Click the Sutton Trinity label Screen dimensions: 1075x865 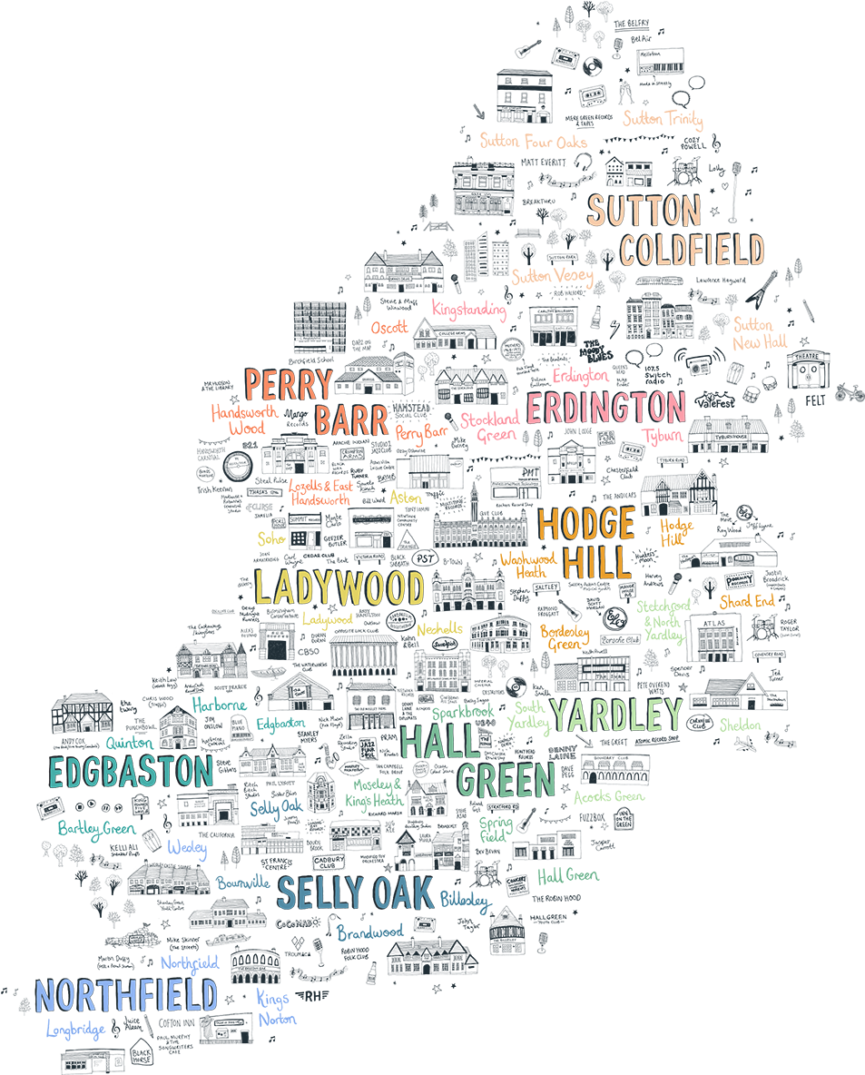click(662, 119)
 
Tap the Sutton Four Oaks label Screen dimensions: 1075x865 click(533, 142)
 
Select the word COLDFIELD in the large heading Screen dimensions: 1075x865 click(693, 251)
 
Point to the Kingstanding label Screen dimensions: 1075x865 click(467, 311)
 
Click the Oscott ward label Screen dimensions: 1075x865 click(389, 327)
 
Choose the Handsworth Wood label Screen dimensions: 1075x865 click(243, 419)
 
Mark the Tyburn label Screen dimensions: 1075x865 click(663, 436)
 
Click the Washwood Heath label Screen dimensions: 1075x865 click(526, 565)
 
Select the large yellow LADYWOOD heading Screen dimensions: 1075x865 click(339, 588)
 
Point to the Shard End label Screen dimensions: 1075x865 click(746, 601)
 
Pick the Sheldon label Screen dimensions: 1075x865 click(740, 725)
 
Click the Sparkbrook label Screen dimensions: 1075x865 click(462, 714)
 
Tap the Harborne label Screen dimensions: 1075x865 click(220, 705)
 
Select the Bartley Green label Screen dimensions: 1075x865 click(95, 828)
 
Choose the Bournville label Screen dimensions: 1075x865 click(242, 882)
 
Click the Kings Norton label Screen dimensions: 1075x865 click(275, 1009)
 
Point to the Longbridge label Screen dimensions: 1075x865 click(75, 1030)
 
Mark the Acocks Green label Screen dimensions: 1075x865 click(608, 796)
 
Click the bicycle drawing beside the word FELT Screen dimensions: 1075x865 click(848, 393)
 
